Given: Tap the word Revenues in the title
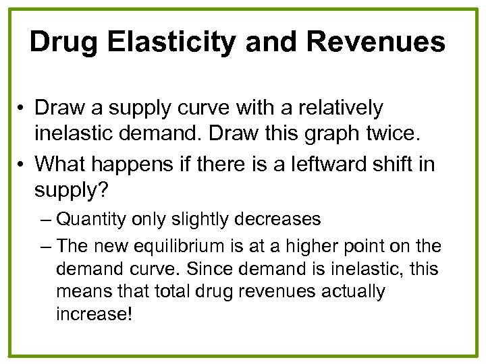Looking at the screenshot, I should coord(375,42).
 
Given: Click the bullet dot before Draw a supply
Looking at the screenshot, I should coord(22,109).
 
